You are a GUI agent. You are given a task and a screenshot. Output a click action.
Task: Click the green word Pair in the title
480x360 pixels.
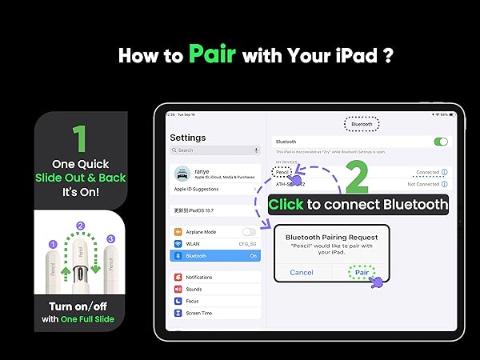click(212, 56)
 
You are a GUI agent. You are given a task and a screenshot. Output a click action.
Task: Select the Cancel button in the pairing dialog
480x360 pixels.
click(302, 272)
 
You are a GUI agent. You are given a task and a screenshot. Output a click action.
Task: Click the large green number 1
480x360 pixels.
click(79, 138)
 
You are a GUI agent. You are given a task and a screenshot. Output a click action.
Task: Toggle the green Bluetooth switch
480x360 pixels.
click(440, 142)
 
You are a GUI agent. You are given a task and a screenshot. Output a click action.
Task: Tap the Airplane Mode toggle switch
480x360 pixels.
click(250, 231)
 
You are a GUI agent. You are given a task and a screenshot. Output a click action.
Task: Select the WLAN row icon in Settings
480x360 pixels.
click(178, 244)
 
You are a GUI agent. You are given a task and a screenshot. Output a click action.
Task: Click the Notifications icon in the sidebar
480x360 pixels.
click(178, 277)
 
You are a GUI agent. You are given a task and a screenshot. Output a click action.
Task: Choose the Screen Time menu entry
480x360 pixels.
click(201, 313)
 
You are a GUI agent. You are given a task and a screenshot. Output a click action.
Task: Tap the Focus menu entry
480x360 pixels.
click(192, 301)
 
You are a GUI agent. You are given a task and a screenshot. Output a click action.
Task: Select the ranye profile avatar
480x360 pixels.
click(182, 174)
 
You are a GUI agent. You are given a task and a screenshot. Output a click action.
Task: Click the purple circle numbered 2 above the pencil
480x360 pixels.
click(79, 226)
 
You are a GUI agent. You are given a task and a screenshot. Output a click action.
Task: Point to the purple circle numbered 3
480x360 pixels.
click(112, 238)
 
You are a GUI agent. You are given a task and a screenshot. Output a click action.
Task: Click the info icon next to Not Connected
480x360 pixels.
click(444, 184)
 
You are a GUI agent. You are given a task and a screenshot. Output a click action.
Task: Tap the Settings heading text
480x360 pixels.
click(188, 138)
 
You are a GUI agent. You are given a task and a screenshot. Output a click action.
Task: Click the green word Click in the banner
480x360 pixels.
click(285, 205)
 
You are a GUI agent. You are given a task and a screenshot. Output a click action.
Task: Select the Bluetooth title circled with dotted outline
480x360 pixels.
click(362, 125)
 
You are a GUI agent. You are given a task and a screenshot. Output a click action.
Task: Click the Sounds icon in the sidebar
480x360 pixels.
click(178, 289)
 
